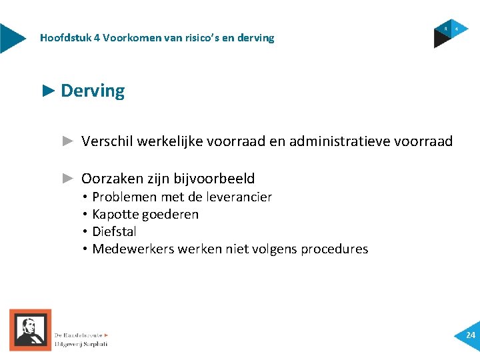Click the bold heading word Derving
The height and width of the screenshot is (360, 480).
point(93,91)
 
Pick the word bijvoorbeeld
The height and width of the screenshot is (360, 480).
point(214,179)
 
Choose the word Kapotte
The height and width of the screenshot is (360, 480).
point(113,214)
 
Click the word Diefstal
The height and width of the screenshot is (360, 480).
point(114,231)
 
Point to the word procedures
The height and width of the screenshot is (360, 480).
point(334,249)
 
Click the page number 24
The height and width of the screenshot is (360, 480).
point(471,335)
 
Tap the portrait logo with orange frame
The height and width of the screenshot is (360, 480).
point(30,329)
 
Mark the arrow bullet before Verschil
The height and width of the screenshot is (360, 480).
point(67,141)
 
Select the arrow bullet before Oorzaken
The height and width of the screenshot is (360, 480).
point(67,178)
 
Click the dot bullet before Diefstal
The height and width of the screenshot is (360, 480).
point(86,232)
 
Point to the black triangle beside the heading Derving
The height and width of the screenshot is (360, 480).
point(48,91)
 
